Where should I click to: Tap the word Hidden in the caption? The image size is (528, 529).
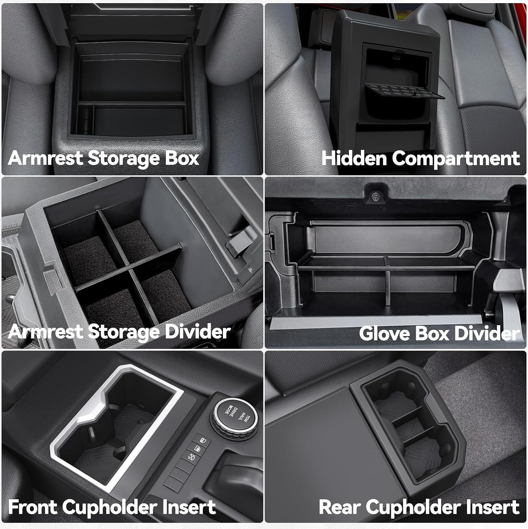click(354, 158)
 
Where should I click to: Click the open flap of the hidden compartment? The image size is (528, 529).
click(405, 91)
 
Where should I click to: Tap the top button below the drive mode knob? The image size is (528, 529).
click(202, 441)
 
